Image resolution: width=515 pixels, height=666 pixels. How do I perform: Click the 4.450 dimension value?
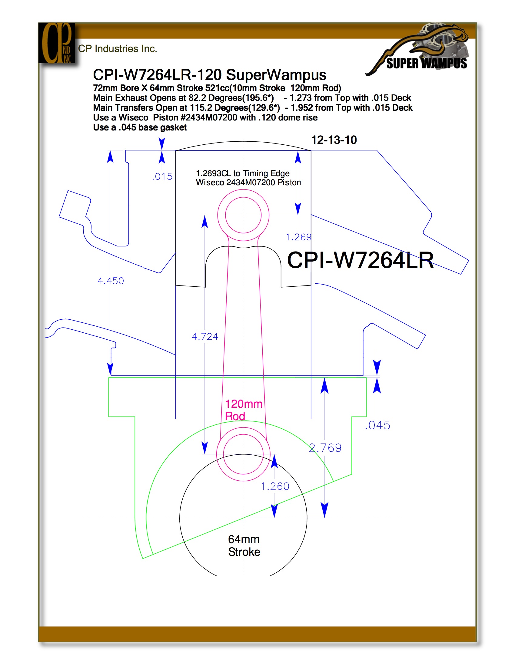coord(111,281)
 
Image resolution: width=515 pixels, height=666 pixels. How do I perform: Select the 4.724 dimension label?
coord(205,337)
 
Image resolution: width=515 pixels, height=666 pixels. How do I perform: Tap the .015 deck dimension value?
coord(162,176)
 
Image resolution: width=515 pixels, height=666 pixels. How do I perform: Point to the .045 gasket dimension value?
coord(378,425)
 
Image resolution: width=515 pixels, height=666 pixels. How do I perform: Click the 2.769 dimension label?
coord(325,448)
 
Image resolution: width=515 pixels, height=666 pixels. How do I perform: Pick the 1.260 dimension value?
coord(275,486)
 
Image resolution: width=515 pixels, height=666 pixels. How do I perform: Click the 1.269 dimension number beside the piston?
coord(298,237)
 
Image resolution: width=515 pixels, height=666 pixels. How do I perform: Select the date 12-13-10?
coord(334,140)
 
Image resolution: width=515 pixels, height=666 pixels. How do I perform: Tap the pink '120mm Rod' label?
coord(244,410)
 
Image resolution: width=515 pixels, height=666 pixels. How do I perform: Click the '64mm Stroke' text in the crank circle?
coord(244,546)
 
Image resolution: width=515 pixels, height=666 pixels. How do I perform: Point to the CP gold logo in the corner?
coord(57,43)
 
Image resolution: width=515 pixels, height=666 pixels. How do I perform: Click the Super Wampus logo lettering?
coord(427,64)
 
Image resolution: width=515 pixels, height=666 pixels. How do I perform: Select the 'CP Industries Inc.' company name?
coord(118,49)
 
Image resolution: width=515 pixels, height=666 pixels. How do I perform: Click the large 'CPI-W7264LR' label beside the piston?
coord(360,260)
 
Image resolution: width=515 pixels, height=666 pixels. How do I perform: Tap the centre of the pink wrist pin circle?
coord(244,215)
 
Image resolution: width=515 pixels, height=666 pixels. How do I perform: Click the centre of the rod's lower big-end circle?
coord(244,454)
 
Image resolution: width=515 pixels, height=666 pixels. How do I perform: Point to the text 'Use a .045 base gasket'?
coord(140,127)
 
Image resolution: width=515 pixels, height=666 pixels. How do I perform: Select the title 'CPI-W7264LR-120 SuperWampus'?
coord(210,75)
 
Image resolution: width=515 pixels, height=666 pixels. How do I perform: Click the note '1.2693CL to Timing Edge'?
coord(243,173)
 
